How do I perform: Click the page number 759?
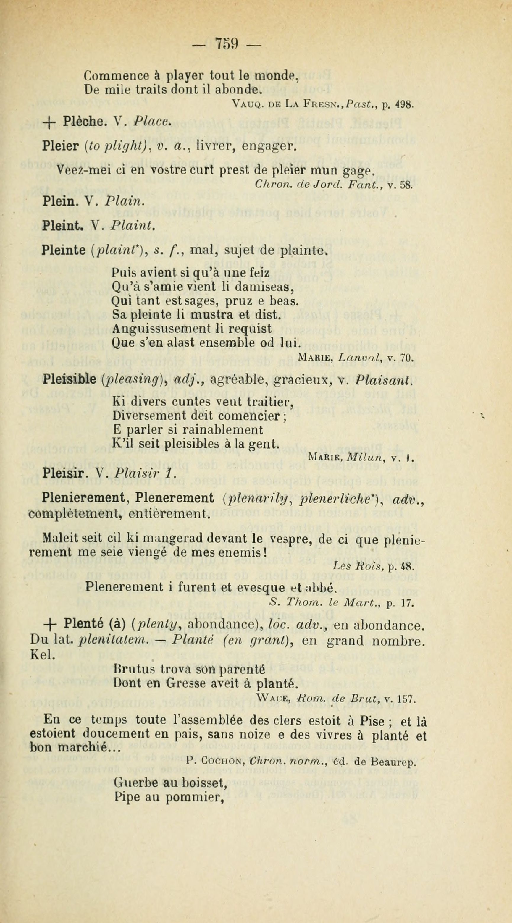coord(227,44)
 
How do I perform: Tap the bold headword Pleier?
coord(60,146)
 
